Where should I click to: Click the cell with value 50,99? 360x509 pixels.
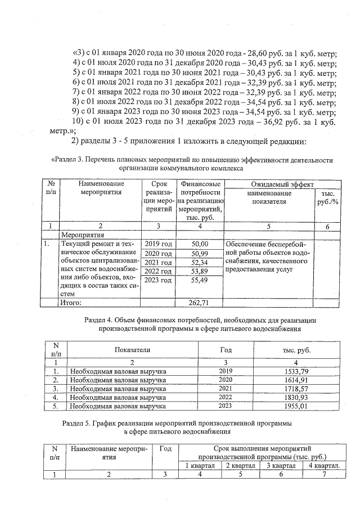[x=200, y=254]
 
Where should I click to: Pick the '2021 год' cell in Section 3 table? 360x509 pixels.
[x=158, y=263]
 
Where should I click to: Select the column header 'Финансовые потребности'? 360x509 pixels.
[x=200, y=188]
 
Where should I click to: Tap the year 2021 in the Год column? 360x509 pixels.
[x=224, y=389]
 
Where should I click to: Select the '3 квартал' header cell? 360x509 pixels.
[x=280, y=466]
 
